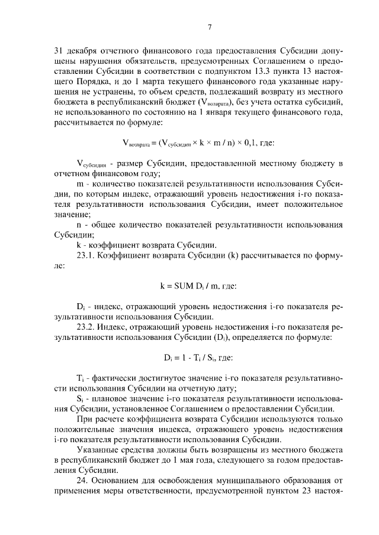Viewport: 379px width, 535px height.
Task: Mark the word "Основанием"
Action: click(117, 481)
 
